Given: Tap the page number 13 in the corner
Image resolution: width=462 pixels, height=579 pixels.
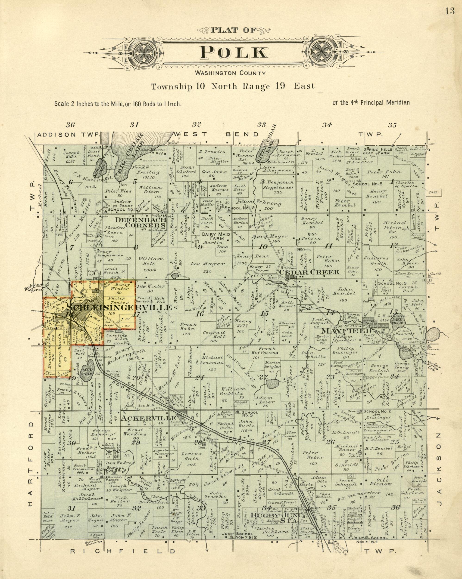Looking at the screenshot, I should coord(450,11).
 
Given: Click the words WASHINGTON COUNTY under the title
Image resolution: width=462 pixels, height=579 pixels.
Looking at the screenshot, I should coord(231,73).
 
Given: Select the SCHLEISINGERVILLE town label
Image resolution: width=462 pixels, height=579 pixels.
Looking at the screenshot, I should coord(119,308).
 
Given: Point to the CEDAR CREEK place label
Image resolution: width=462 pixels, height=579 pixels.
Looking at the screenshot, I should coord(310,272).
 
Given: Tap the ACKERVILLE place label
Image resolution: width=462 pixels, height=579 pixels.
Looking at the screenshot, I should coord(148,418).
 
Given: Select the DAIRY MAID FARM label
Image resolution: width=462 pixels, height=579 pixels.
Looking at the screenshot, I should coord(216,236).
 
